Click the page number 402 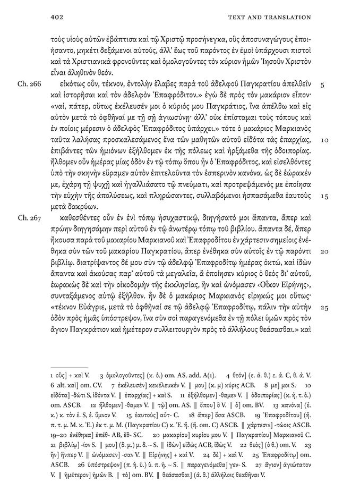tap(56, 17)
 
